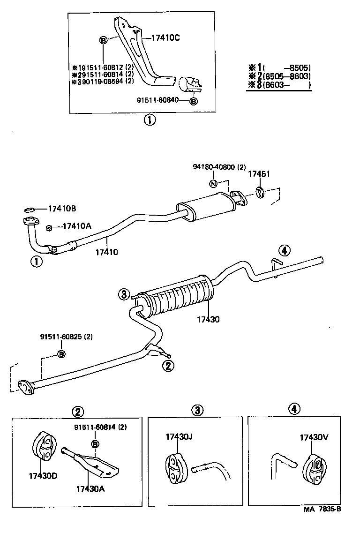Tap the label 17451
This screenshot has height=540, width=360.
[x=259, y=174]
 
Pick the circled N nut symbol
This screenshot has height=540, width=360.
[x=213, y=183]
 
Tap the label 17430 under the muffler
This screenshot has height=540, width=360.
[x=209, y=319]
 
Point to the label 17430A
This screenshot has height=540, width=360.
[x=90, y=488]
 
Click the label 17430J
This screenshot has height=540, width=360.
[x=179, y=436]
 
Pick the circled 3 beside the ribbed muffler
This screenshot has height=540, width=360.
[x=123, y=294]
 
